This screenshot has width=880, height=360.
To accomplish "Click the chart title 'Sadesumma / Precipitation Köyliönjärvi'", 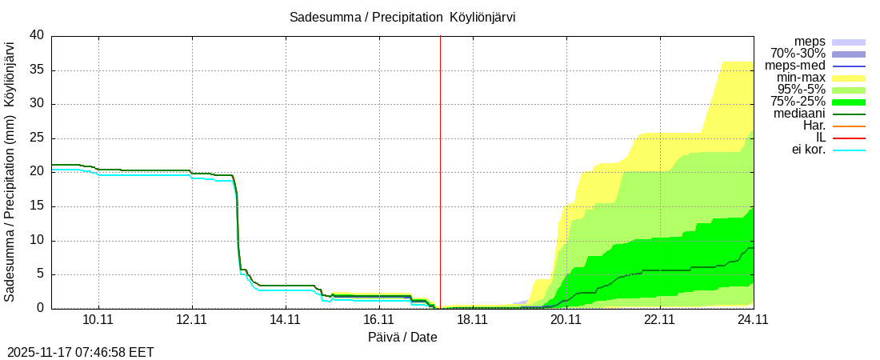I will coord(402,17).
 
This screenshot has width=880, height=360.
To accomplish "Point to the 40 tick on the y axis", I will coord(37,35).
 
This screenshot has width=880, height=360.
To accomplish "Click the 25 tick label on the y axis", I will coord(37,138).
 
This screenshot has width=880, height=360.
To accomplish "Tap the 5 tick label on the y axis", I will coord(40,274).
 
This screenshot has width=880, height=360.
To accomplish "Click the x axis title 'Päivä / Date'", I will coord(402,337).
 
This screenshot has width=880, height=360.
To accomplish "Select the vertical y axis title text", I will coord(10,172).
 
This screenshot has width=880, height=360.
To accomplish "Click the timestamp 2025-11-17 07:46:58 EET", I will coord(81,352).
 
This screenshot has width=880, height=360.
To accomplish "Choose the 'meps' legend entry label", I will coord(810,41).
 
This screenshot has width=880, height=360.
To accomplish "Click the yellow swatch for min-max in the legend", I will coord(849,78).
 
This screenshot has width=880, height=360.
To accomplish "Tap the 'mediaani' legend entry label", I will coord(800,114).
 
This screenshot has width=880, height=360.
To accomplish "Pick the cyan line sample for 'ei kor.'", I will coord(849,150).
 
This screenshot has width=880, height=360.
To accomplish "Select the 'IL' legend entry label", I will coord(818,138).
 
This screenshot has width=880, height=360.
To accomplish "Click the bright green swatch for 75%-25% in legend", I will coord(849,102).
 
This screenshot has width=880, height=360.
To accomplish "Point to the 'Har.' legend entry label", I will coord(814,126).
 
